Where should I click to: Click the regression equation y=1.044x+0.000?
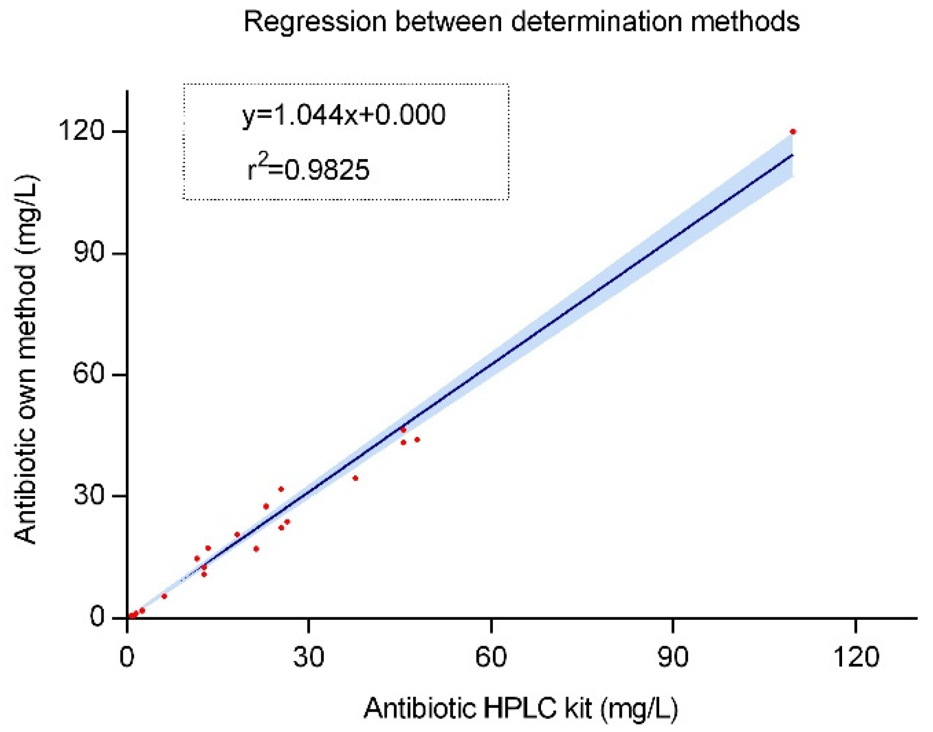coord(344,116)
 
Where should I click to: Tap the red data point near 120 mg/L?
coord(793,132)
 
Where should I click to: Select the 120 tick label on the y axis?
coord(84,132)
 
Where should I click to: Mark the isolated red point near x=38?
coord(355,478)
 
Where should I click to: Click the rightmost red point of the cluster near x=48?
coord(417,440)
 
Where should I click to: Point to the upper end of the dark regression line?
coord(792,156)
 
